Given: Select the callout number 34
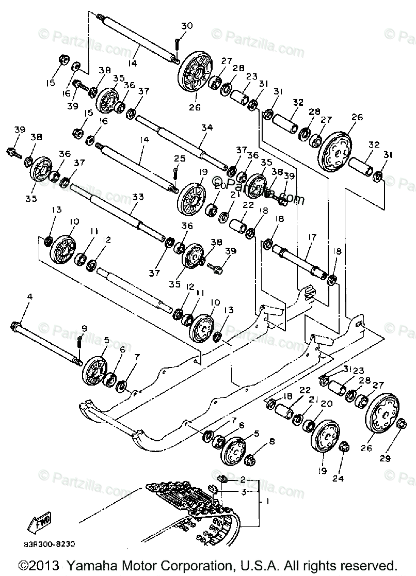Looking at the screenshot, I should (206, 127).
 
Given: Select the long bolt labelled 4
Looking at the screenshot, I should (46, 343).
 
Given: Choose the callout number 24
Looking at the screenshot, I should (338, 478).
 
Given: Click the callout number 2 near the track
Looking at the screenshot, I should (242, 480).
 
